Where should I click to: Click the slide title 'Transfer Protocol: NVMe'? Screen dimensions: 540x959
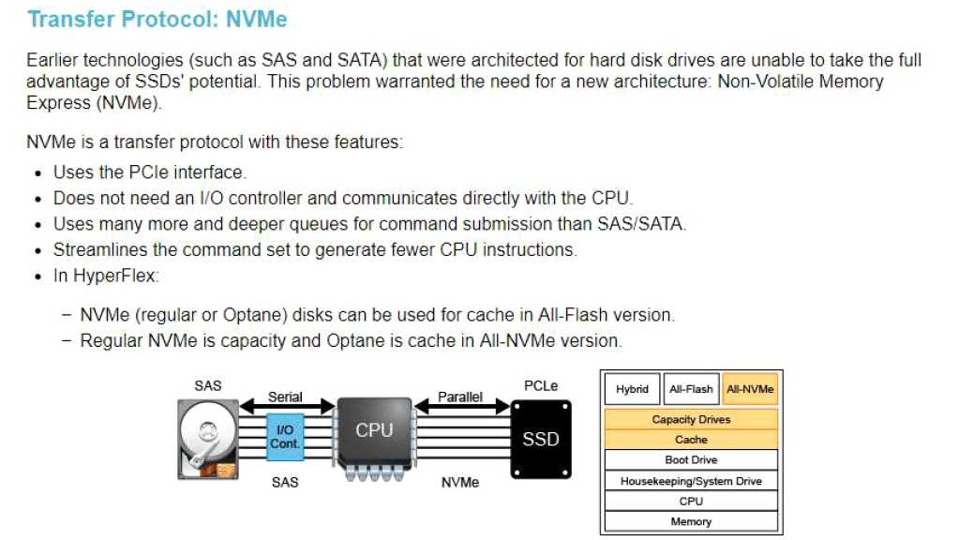point(157,20)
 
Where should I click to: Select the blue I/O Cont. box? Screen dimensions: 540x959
point(285,436)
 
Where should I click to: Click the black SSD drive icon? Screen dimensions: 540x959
point(541,438)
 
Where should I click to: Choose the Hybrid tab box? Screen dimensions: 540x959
point(632,389)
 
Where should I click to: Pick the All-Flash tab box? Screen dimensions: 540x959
point(691,389)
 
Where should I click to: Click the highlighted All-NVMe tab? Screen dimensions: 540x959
point(750,389)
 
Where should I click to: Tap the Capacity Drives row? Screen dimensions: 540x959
point(691,419)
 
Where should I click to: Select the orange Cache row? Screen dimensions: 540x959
point(691,440)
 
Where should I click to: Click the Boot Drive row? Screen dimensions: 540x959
point(691,460)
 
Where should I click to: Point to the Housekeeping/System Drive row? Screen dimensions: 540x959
point(691,481)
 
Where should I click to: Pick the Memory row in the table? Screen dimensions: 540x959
point(691,521)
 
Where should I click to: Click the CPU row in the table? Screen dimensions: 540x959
point(691,502)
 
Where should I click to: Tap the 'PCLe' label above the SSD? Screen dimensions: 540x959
point(541,385)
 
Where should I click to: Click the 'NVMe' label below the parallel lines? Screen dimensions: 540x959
point(460,482)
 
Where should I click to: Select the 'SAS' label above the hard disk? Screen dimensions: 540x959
point(207,385)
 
